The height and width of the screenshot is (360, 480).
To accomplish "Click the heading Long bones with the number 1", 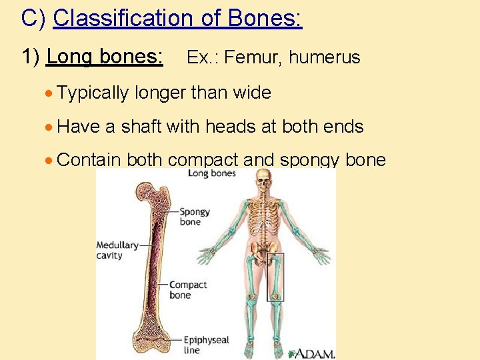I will pyautogui.click(x=93, y=57).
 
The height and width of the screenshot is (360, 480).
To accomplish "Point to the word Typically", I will pyautogui.click(x=93, y=93).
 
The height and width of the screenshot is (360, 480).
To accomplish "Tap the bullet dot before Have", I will pyautogui.click(x=49, y=127).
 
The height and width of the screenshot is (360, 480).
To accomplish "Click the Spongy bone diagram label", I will pyautogui.click(x=194, y=217).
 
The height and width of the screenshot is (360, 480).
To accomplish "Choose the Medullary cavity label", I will pyautogui.click(x=117, y=250).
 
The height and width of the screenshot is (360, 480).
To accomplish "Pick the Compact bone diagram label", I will pyautogui.click(x=187, y=290).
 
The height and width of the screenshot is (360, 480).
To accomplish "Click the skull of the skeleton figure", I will pyautogui.click(x=265, y=180).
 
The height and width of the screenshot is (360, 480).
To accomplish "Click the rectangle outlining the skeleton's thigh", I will pyautogui.click(x=275, y=277).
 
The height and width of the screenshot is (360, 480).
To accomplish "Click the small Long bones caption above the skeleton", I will pyautogui.click(x=211, y=174).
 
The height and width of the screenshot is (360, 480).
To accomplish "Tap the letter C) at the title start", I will pyautogui.click(x=33, y=18).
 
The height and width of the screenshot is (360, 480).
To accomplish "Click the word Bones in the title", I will pyautogui.click(x=265, y=18).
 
